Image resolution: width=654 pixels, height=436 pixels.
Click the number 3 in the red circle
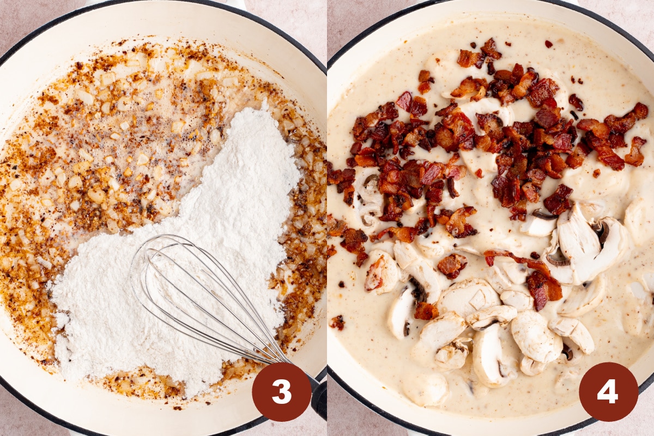coord(281,392)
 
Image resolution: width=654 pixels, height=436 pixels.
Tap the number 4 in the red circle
coord(608,392)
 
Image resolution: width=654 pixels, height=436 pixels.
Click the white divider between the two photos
coord(327,218)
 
